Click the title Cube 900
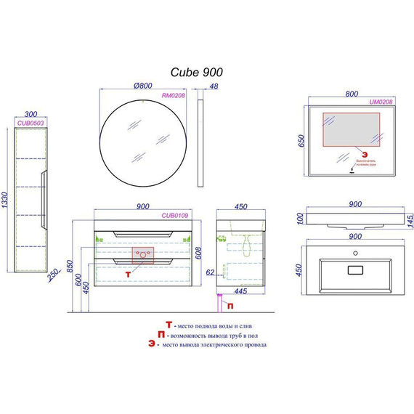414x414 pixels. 196,72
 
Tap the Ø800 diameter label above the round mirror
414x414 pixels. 145,86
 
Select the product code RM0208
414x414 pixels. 175,94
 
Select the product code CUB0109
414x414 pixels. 176,216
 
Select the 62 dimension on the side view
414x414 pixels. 209,273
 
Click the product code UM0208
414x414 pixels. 381,103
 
